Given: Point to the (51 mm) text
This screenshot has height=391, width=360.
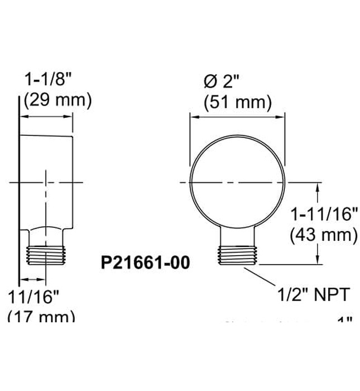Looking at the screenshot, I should tap(238, 102).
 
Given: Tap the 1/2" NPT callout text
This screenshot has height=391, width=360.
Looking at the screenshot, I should tap(313, 293).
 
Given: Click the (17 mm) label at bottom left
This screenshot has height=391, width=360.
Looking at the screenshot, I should tap(41, 316).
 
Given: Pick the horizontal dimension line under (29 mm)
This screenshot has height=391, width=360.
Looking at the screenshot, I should tap(47, 117).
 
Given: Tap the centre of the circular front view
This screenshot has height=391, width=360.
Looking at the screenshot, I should tap(238, 183).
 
